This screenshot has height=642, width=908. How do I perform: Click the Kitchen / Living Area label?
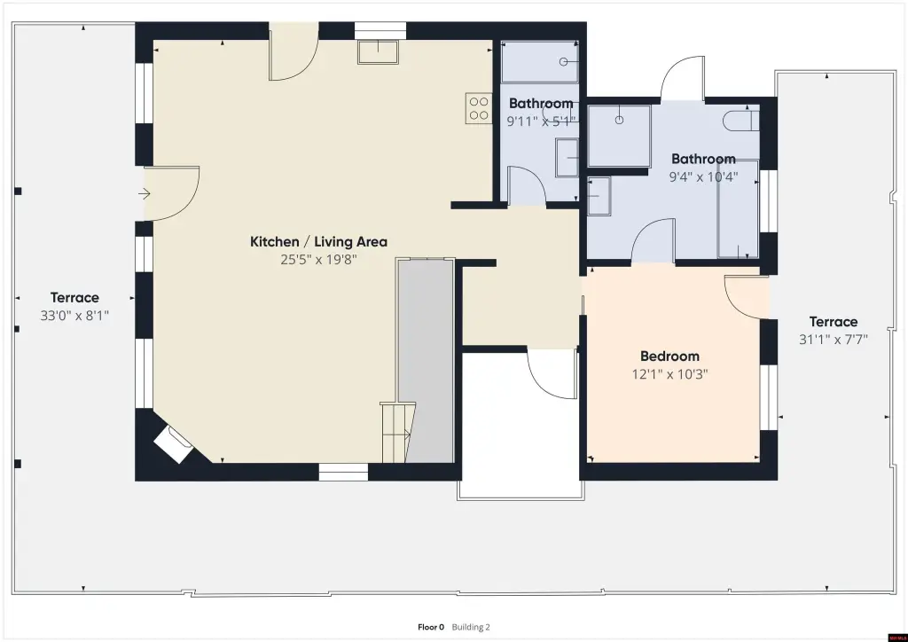(318, 241)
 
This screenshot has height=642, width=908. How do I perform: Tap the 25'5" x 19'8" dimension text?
(318, 259)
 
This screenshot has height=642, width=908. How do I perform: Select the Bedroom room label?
(670, 356)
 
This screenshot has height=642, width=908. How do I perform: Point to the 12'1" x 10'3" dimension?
(670, 374)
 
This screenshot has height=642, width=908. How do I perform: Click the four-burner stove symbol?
(479, 108)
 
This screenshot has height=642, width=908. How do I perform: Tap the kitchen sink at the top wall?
(378, 52)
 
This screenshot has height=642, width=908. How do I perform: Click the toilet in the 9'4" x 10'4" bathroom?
(740, 120)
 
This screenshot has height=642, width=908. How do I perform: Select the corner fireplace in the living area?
(173, 444)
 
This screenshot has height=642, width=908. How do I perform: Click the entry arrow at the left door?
(145, 193)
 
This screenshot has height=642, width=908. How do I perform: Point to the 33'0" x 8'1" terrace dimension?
(74, 316)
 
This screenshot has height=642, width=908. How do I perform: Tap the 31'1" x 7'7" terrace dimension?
(834, 340)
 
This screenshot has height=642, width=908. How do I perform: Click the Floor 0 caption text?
(431, 627)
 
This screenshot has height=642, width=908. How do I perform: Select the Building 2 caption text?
(471, 627)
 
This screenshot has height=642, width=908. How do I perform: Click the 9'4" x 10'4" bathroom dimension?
(703, 176)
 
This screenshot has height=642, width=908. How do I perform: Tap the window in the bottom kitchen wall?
(343, 472)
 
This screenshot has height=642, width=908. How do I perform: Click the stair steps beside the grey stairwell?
(397, 433)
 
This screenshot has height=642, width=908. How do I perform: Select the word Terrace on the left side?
(74, 298)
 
